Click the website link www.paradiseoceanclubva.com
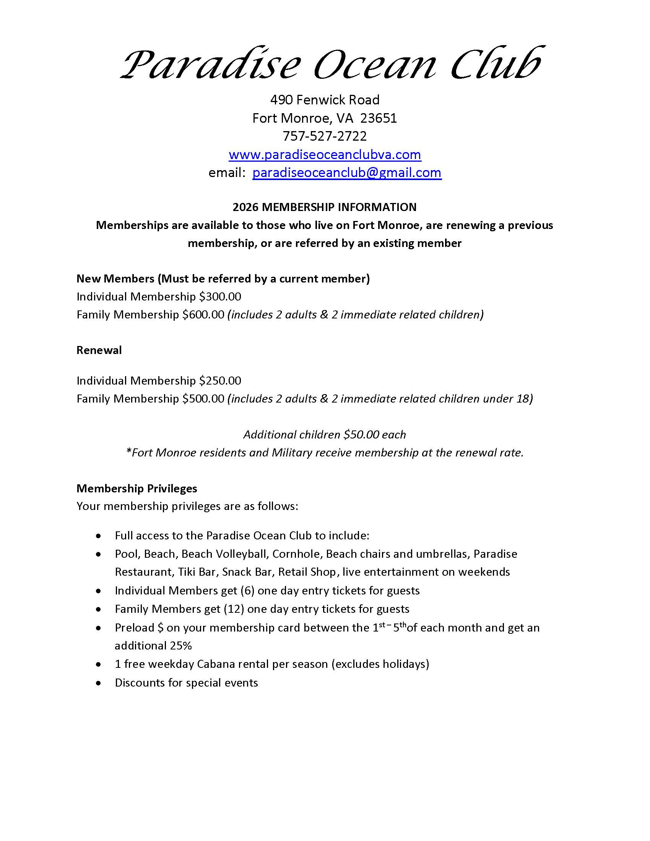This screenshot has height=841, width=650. click(325, 154)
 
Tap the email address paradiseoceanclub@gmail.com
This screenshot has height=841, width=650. click(346, 172)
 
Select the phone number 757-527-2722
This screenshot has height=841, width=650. click(325, 136)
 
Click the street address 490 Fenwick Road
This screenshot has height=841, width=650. click(325, 100)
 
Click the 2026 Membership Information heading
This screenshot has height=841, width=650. click(324, 207)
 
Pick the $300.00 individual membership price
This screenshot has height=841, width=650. click(220, 297)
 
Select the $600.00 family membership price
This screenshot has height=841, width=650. click(203, 315)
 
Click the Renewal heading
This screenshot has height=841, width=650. click(99, 350)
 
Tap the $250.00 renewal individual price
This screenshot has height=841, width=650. click(220, 380)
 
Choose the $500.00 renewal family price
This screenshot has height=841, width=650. click(203, 399)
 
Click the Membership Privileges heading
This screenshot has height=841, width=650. click(137, 488)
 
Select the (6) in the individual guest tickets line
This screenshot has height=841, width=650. click(247, 591)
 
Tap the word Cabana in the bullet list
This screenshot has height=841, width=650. click(216, 664)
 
